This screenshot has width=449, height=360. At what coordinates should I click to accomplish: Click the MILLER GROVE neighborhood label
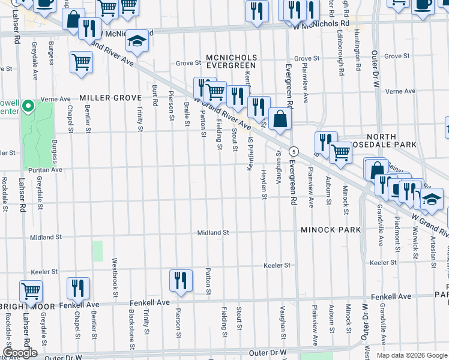110,98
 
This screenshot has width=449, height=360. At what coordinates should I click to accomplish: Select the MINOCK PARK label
331,230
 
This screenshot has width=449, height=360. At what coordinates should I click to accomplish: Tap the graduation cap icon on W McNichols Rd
137,41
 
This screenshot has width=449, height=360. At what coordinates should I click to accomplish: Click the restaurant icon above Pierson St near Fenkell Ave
180,280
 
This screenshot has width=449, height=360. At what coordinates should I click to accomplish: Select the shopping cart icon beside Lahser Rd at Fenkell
31,292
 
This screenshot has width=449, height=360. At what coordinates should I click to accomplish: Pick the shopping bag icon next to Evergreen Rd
280,118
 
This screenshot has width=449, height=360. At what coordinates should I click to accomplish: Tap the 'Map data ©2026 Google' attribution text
411,355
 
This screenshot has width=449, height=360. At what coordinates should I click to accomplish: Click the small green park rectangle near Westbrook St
97,251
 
